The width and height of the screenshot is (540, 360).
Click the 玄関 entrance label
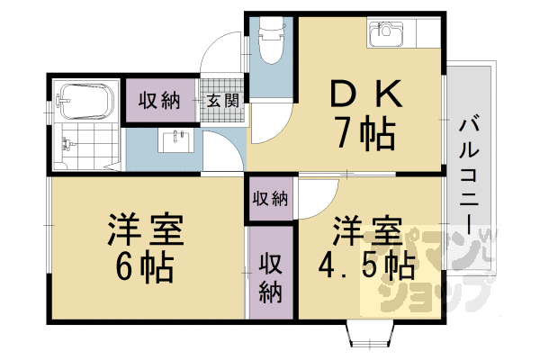223,101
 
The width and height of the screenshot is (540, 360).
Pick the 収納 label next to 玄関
159,101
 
